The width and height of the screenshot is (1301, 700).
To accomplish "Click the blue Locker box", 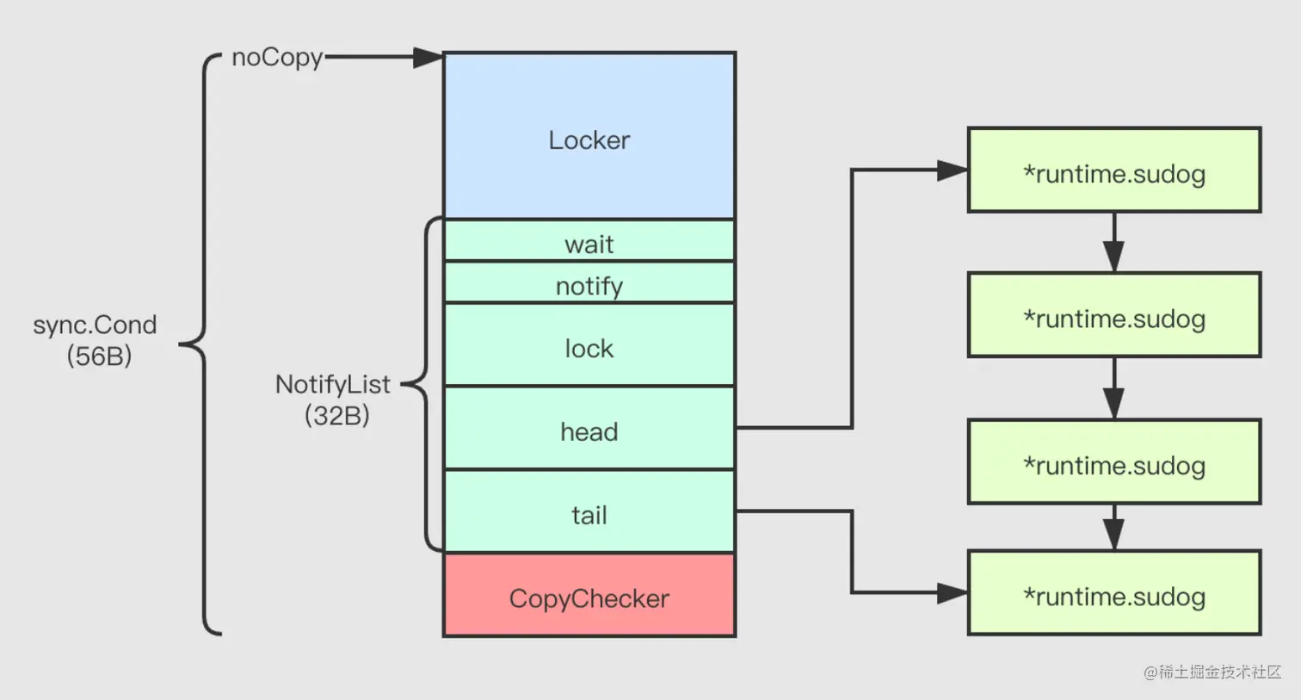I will pyautogui.click(x=589, y=136).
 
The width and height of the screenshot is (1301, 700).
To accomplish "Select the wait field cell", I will pyautogui.click(x=589, y=241).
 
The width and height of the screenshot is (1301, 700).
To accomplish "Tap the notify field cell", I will pyautogui.click(x=589, y=282).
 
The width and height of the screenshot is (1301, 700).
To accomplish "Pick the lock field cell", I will pyautogui.click(x=589, y=344).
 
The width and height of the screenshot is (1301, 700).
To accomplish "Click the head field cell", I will pyautogui.click(x=589, y=429).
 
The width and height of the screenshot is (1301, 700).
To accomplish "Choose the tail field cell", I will pyautogui.click(x=589, y=512).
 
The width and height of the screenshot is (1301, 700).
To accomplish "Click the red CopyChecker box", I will pyautogui.click(x=589, y=596).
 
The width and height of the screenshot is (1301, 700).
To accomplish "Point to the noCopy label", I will pyautogui.click(x=277, y=58).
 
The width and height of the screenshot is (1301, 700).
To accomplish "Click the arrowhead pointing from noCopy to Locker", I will pyautogui.click(x=428, y=58).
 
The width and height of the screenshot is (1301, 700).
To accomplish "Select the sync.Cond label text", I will pyautogui.click(x=95, y=325).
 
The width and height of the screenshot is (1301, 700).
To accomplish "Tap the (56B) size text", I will pyautogui.click(x=99, y=356).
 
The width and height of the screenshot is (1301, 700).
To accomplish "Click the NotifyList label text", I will pyautogui.click(x=332, y=384).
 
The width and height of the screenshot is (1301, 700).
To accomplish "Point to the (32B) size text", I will pyautogui.click(x=336, y=415).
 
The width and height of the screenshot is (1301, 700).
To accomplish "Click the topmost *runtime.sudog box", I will pyautogui.click(x=1114, y=170).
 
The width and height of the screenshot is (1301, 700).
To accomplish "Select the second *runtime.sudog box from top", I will pyautogui.click(x=1114, y=315).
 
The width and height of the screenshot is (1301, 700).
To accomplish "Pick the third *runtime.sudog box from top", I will pyautogui.click(x=1114, y=462).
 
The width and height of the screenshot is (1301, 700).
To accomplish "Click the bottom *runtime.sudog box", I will pyautogui.click(x=1114, y=593).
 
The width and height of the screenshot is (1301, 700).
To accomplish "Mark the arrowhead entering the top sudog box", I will pyautogui.click(x=953, y=170).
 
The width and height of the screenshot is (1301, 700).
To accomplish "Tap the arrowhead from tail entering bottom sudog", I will pyautogui.click(x=953, y=593).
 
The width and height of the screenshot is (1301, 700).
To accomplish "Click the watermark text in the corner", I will pyautogui.click(x=1212, y=672).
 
